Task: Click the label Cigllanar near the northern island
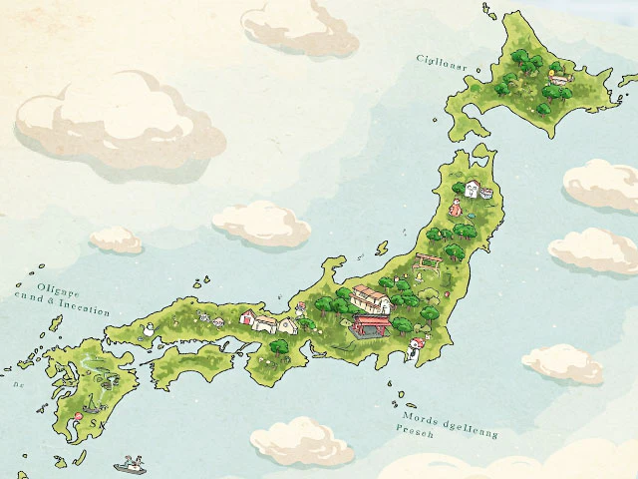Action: coord(442,60)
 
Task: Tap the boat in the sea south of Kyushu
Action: coord(131,464)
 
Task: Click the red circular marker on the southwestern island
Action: coord(76,414)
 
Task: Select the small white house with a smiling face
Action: coord(471,189)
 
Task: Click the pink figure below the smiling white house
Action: coord(456,208)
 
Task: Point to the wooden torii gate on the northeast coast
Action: coord(430,262)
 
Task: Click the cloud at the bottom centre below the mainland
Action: coord(302,442)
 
